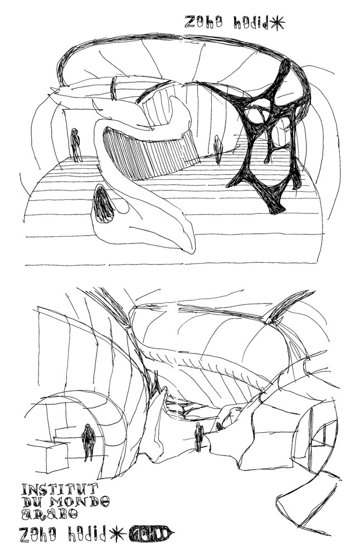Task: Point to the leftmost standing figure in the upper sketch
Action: pos(75,145)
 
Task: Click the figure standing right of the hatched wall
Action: pos(218,149)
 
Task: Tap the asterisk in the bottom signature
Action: pos(117,534)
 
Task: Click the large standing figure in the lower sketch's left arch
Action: pos(88,442)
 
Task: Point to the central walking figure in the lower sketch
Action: pos(198,436)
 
